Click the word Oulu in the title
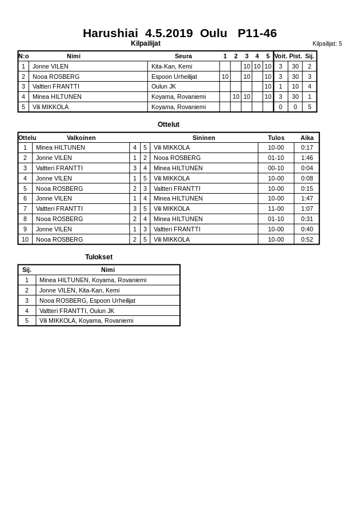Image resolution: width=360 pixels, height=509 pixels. pos(213,33)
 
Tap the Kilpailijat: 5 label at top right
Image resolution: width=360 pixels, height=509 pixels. pos(327,43)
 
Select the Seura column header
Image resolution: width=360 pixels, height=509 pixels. pos(183,56)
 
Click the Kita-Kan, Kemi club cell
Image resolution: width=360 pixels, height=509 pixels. pos(171,66)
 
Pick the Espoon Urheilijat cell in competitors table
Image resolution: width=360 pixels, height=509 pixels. pos(174,77)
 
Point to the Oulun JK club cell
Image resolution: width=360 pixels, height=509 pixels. pos(163,86)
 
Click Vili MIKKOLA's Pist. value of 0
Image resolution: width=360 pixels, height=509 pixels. pos(295,107)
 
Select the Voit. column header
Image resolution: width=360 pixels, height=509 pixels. pos(281,56)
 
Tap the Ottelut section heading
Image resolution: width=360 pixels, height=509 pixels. pos(169,125)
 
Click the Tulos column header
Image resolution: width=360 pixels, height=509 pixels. pos(276,138)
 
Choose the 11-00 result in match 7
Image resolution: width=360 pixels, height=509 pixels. pos(276,209)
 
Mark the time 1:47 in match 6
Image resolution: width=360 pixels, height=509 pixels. pos(307,198)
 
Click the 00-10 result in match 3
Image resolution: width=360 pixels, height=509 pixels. pos(276,168)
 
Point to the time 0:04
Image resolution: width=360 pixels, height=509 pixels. pos(307,168)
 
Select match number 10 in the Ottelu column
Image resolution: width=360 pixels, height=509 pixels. pos(25,239)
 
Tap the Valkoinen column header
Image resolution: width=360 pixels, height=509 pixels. pos(81,138)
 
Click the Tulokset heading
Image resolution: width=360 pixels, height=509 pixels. pos(99,257)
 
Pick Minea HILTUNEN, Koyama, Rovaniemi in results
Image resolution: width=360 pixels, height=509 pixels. pos(93,280)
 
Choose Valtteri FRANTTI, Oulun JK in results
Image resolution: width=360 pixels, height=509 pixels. pos(77,311)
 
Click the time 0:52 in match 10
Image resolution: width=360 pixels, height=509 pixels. pos(307,239)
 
